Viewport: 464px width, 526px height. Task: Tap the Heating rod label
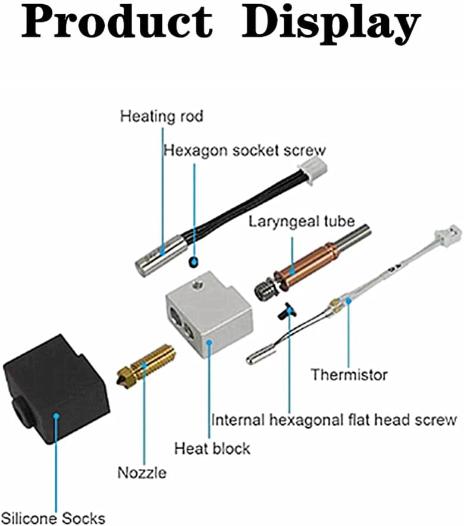[161, 115]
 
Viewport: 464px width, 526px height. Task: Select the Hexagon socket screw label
[244, 150]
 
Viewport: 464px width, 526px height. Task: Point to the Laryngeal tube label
[302, 222]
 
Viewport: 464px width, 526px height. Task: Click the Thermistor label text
[349, 375]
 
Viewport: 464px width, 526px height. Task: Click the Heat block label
[212, 447]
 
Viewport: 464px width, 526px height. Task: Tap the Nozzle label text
[142, 473]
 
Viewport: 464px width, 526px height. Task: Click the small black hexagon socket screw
[192, 261]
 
